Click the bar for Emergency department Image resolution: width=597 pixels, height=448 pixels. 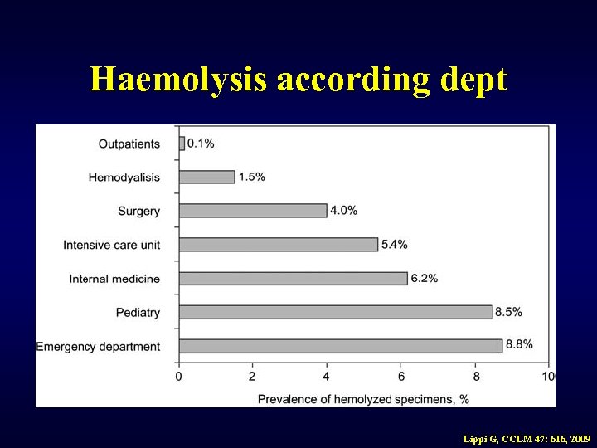click(x=340, y=346)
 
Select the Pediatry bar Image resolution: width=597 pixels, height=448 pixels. click(x=335, y=312)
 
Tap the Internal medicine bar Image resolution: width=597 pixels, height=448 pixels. click(x=293, y=278)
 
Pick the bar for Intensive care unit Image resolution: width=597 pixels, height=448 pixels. click(x=278, y=245)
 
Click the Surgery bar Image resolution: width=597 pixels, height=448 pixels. click(x=253, y=211)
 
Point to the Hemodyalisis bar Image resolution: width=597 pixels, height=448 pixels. click(x=206, y=177)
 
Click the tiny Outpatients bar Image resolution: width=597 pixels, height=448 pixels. click(x=182, y=144)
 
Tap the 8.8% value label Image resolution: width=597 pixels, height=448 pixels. click(x=519, y=345)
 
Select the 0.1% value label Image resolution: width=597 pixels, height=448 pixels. click(x=201, y=144)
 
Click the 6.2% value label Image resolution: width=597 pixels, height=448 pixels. click(x=424, y=278)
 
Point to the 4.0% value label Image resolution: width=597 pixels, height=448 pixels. click(x=344, y=211)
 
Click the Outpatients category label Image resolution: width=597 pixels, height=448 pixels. click(x=129, y=144)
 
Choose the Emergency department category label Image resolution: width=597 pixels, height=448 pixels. click(x=98, y=347)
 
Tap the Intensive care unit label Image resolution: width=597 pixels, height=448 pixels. click(x=111, y=246)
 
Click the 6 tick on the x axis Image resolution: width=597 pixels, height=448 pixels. click(x=401, y=377)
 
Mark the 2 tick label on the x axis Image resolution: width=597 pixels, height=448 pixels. click(x=252, y=377)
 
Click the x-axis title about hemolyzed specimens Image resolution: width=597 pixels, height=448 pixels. click(x=362, y=399)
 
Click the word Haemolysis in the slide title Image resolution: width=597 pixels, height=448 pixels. click(x=178, y=80)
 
